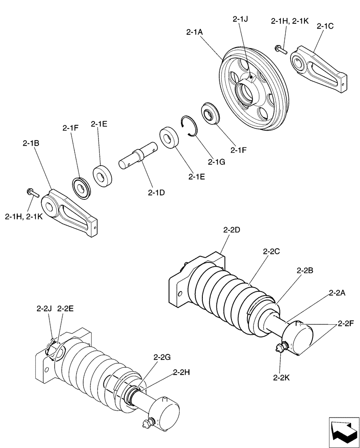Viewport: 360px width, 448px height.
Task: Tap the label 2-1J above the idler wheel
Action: coord(241,19)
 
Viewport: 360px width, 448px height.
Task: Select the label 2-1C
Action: coord(325,26)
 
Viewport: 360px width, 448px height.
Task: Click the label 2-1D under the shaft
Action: coord(156,193)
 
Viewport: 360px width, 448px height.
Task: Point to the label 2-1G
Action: coord(216,161)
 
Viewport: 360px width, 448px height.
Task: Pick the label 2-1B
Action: coord(30,144)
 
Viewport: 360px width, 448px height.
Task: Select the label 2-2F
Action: coord(346,323)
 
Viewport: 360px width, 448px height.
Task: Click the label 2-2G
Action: coord(162,357)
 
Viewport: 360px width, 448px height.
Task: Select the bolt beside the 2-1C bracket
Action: coord(281,49)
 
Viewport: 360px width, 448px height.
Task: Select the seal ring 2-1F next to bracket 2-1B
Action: coord(81,187)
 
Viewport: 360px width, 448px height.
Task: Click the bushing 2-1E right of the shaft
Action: coord(170,138)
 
